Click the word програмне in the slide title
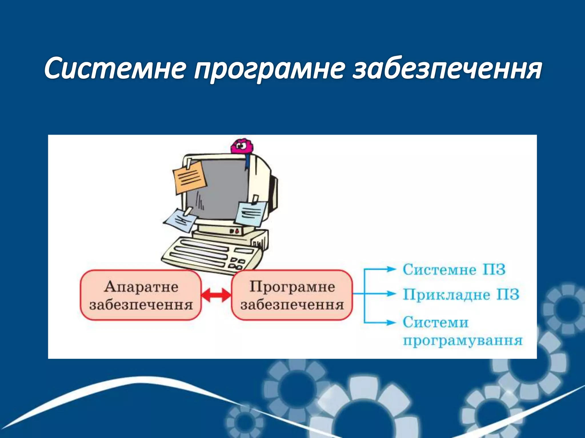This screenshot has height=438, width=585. click(x=269, y=70)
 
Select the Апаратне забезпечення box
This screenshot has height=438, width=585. click(x=141, y=295)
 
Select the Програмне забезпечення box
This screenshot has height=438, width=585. click(x=292, y=295)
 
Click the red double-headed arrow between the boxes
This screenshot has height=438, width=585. click(x=216, y=295)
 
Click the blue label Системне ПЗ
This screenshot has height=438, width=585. click(x=454, y=270)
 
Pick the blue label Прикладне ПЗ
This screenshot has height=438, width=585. click(x=461, y=294)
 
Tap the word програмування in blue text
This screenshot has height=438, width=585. click(x=462, y=340)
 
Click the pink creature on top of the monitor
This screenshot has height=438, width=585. click(x=242, y=147)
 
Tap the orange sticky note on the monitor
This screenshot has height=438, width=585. click(x=189, y=177)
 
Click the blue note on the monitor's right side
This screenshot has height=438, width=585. click(x=250, y=213)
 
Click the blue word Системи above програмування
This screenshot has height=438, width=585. click(x=436, y=323)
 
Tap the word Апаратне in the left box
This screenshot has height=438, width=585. click(x=141, y=287)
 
